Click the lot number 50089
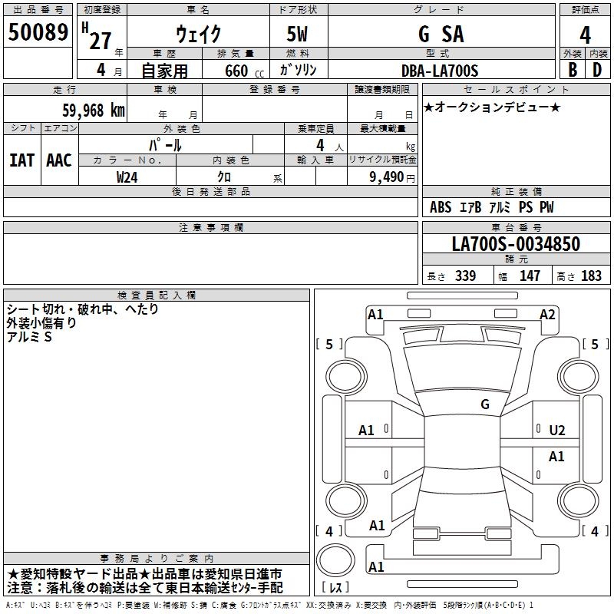coord(38,33)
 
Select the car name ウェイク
coord(198,34)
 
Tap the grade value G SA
coord(441,34)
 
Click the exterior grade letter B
coord(572,70)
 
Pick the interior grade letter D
coord(597,70)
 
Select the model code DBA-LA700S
coord(440,71)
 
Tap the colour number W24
coord(127,177)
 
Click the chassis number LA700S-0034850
coord(516,244)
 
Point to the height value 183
coord(591,276)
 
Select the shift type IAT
coord(21,160)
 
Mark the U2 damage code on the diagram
coord(557,431)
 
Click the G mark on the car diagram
coord(484,404)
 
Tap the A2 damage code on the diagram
coord(547,314)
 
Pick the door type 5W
coord(298,34)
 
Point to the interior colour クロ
coord(225,177)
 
